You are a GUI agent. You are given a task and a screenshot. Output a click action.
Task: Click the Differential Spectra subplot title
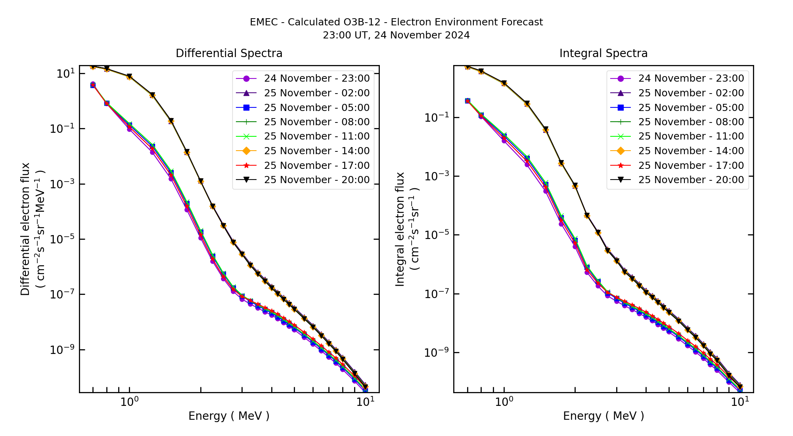tap(229, 53)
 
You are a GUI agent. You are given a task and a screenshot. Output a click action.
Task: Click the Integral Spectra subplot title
tap(603, 53)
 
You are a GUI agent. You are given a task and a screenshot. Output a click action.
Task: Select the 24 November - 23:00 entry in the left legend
tap(316, 78)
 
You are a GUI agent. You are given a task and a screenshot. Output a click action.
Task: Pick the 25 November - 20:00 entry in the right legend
tap(691, 180)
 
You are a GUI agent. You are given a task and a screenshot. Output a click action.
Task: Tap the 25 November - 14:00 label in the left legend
tap(316, 151)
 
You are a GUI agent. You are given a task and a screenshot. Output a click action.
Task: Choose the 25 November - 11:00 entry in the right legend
tap(691, 136)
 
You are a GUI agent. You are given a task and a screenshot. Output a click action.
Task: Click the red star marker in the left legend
tap(246, 165)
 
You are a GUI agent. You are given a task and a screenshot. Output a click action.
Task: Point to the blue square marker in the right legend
tap(621, 107)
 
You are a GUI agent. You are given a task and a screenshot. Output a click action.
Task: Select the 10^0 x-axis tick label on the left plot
tap(129, 402)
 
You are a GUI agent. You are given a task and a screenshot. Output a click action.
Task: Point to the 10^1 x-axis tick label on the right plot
tap(740, 402)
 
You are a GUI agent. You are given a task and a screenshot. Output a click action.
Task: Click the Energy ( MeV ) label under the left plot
tap(229, 416)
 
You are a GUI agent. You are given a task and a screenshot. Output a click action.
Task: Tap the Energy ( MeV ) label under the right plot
tap(603, 416)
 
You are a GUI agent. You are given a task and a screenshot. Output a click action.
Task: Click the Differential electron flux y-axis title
tap(25, 229)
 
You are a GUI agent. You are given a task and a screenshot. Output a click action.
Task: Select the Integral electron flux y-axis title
tap(400, 229)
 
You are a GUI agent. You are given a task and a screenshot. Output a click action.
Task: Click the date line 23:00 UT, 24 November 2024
tap(396, 35)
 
